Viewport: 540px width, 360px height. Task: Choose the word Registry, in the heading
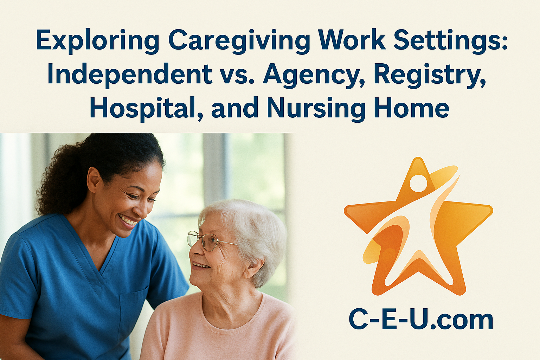tap(430, 75)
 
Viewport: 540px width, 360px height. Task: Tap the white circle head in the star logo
tap(418, 183)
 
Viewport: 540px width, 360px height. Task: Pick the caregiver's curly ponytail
tap(56, 183)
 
